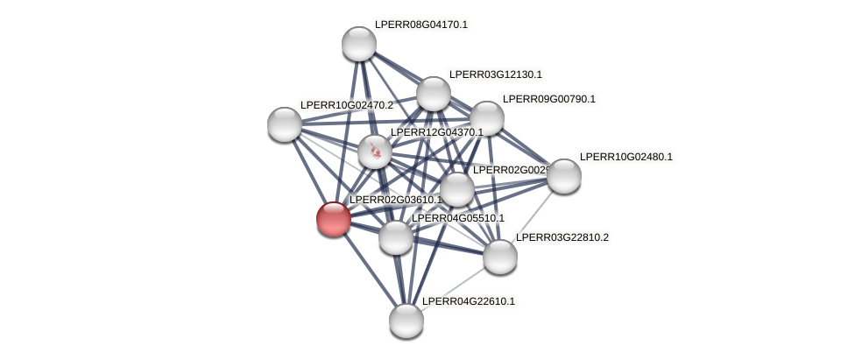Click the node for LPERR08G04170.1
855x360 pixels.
pos(358,44)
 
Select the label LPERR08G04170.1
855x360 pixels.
pos(420,25)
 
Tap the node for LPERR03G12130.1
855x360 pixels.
pos(433,94)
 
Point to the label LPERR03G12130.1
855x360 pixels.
pos(495,74)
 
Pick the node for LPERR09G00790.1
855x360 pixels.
pos(487,118)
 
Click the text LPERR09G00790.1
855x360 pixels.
pos(548,99)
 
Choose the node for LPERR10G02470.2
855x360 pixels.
pos(285,124)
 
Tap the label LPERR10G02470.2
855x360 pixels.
pos(346,105)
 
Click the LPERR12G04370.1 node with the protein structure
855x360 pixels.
pos(375,152)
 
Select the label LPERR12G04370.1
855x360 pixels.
pos(436,132)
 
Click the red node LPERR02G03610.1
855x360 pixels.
pos(334,218)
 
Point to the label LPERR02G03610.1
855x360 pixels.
pos(395,200)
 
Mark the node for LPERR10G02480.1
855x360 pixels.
pos(564,176)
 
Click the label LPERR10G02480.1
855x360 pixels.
pos(625,157)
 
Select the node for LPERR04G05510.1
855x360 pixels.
pos(396,237)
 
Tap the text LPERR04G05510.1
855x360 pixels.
pos(457,218)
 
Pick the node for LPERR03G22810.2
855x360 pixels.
pos(500,257)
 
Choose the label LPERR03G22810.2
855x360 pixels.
pos(562,237)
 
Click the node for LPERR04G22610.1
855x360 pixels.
pos(406,321)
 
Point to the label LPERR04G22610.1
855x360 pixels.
pos(468,301)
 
